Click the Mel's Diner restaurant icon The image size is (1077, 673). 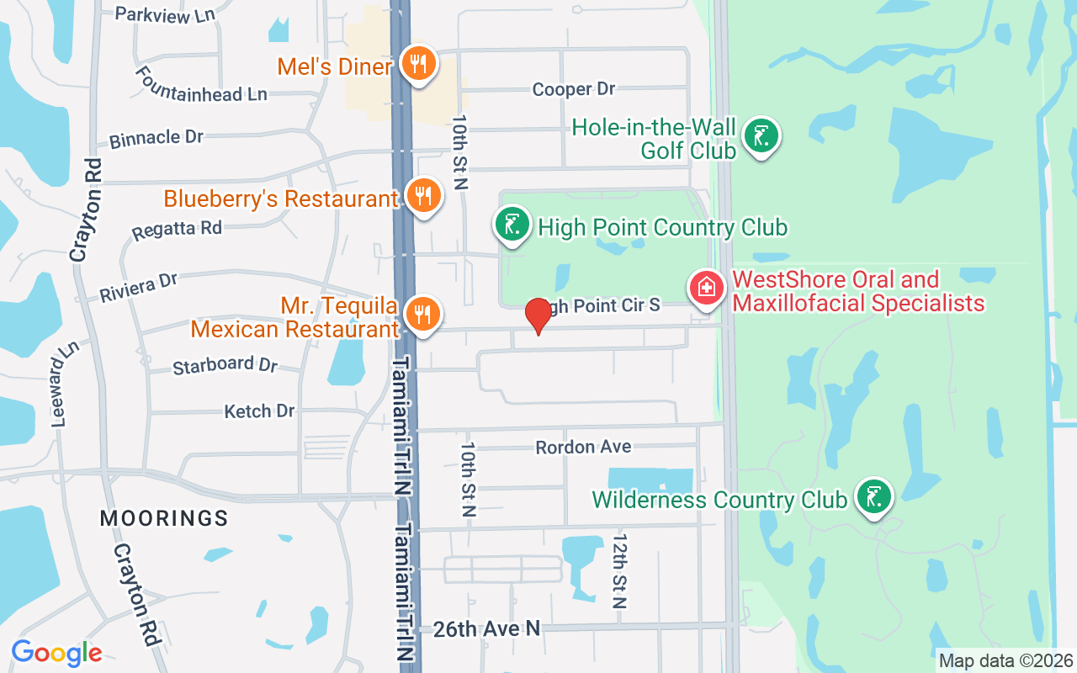[x=416, y=63]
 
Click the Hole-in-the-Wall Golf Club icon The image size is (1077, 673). [x=761, y=135]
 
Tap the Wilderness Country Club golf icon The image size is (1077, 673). [x=874, y=496]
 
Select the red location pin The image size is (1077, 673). [x=538, y=316]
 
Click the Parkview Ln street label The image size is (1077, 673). [x=165, y=14]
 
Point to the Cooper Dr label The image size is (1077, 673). [x=574, y=89]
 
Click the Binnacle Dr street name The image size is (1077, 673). [x=157, y=137]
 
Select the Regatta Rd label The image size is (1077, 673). [x=177, y=228]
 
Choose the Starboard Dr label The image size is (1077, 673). [x=225, y=365]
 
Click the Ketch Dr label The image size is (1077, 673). [x=259, y=411]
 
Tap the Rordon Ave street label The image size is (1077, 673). [x=583, y=447]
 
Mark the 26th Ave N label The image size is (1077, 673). [x=486, y=628]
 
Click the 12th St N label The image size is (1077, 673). [x=621, y=570]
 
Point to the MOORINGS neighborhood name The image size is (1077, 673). [x=164, y=518]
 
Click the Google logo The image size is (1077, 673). [x=56, y=653]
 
